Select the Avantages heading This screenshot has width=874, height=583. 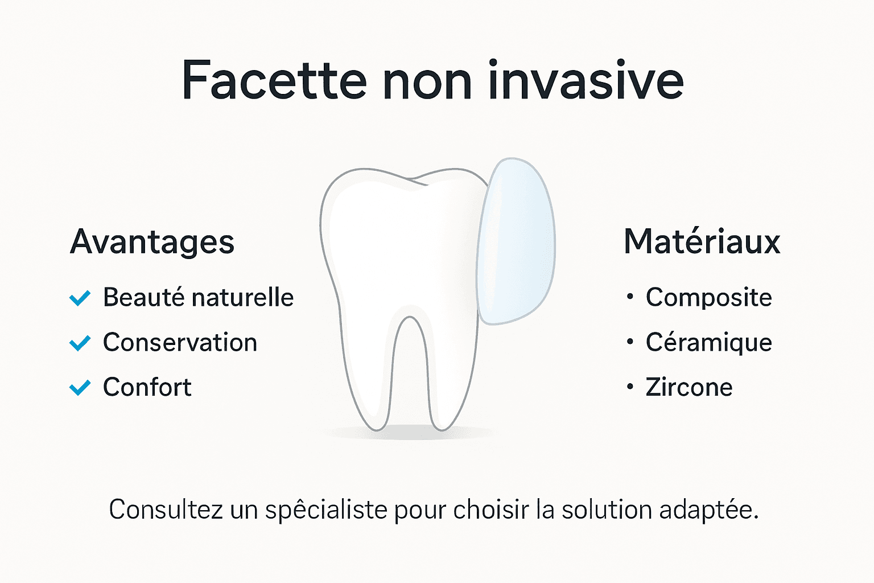tap(152, 242)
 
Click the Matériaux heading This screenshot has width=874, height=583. tap(702, 242)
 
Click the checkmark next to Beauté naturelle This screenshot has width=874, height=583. tap(80, 298)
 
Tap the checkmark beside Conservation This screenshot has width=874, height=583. tap(80, 343)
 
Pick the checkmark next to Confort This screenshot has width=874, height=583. tap(80, 388)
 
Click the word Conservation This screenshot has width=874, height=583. tap(180, 343)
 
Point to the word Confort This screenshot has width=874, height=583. tap(147, 388)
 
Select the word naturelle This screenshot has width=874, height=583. tap(242, 298)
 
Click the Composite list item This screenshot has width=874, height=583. tap(708, 298)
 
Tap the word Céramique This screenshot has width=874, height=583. tap(708, 343)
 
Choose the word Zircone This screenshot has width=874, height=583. tap(689, 388)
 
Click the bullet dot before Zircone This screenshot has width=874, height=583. tap(630, 387)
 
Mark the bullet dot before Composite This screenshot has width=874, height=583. tap(630, 297)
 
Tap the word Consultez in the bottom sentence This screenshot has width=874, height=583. tap(166, 510)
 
